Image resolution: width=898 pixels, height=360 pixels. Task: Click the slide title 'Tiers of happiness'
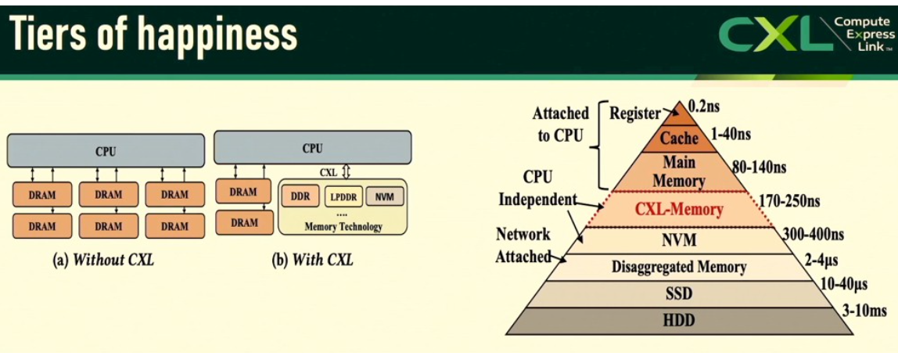click(x=154, y=34)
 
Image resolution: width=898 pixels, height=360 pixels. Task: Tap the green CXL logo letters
click(x=770, y=34)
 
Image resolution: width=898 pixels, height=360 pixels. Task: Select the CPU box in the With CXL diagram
click(x=312, y=147)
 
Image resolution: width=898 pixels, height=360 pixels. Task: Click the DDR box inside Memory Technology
click(x=300, y=196)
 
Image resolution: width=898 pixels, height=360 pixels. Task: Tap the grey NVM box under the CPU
click(x=384, y=196)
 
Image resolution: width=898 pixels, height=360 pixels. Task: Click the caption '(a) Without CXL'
click(x=103, y=260)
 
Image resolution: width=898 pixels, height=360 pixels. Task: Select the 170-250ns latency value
click(x=789, y=201)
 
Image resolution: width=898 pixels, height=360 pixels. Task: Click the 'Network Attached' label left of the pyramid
click(x=523, y=245)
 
